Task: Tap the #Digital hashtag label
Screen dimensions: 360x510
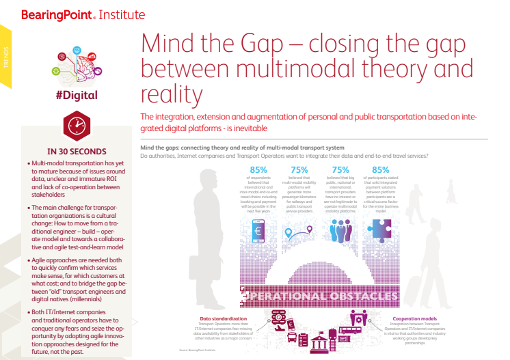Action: point(76,95)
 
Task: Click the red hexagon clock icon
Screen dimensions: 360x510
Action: point(76,125)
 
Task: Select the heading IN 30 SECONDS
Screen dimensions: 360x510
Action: point(76,151)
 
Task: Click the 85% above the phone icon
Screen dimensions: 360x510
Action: point(258,170)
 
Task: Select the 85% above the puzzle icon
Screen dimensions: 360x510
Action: point(381,170)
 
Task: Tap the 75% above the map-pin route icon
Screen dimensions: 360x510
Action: point(299,170)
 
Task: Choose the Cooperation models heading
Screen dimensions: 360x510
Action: point(415,318)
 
